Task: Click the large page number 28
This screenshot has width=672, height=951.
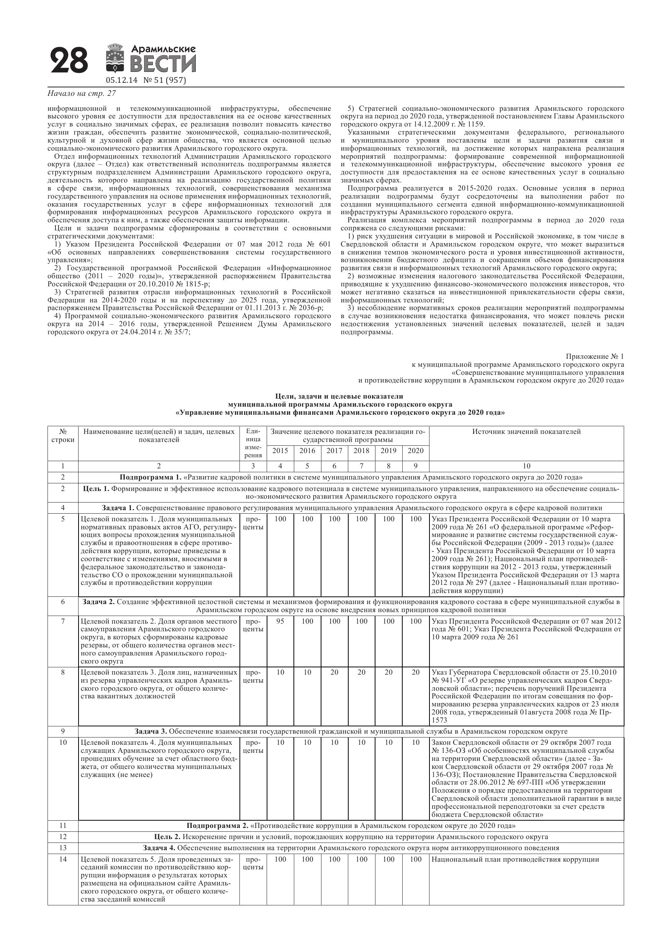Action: click(69, 61)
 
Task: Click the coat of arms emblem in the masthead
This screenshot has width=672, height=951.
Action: click(115, 59)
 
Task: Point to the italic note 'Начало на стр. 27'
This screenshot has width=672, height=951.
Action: click(82, 94)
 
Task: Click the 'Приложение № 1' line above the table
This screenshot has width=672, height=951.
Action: click(594, 356)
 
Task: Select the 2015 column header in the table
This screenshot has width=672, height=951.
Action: click(280, 451)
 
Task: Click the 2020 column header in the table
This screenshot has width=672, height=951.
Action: click(415, 451)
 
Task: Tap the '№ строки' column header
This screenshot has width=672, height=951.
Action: click(63, 435)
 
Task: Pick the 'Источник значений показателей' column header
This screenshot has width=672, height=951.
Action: click(526, 432)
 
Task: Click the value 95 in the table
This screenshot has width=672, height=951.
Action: click(280, 621)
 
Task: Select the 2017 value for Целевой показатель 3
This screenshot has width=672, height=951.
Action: click(334, 672)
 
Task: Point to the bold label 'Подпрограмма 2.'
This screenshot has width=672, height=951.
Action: click(217, 826)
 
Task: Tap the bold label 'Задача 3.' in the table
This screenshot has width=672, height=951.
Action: click(151, 731)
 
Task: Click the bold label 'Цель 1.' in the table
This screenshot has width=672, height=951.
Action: click(96, 489)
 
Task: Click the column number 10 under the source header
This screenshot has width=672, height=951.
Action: click(526, 466)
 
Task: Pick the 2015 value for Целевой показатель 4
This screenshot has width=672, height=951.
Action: click(280, 742)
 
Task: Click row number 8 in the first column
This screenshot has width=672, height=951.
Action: click(63, 672)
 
